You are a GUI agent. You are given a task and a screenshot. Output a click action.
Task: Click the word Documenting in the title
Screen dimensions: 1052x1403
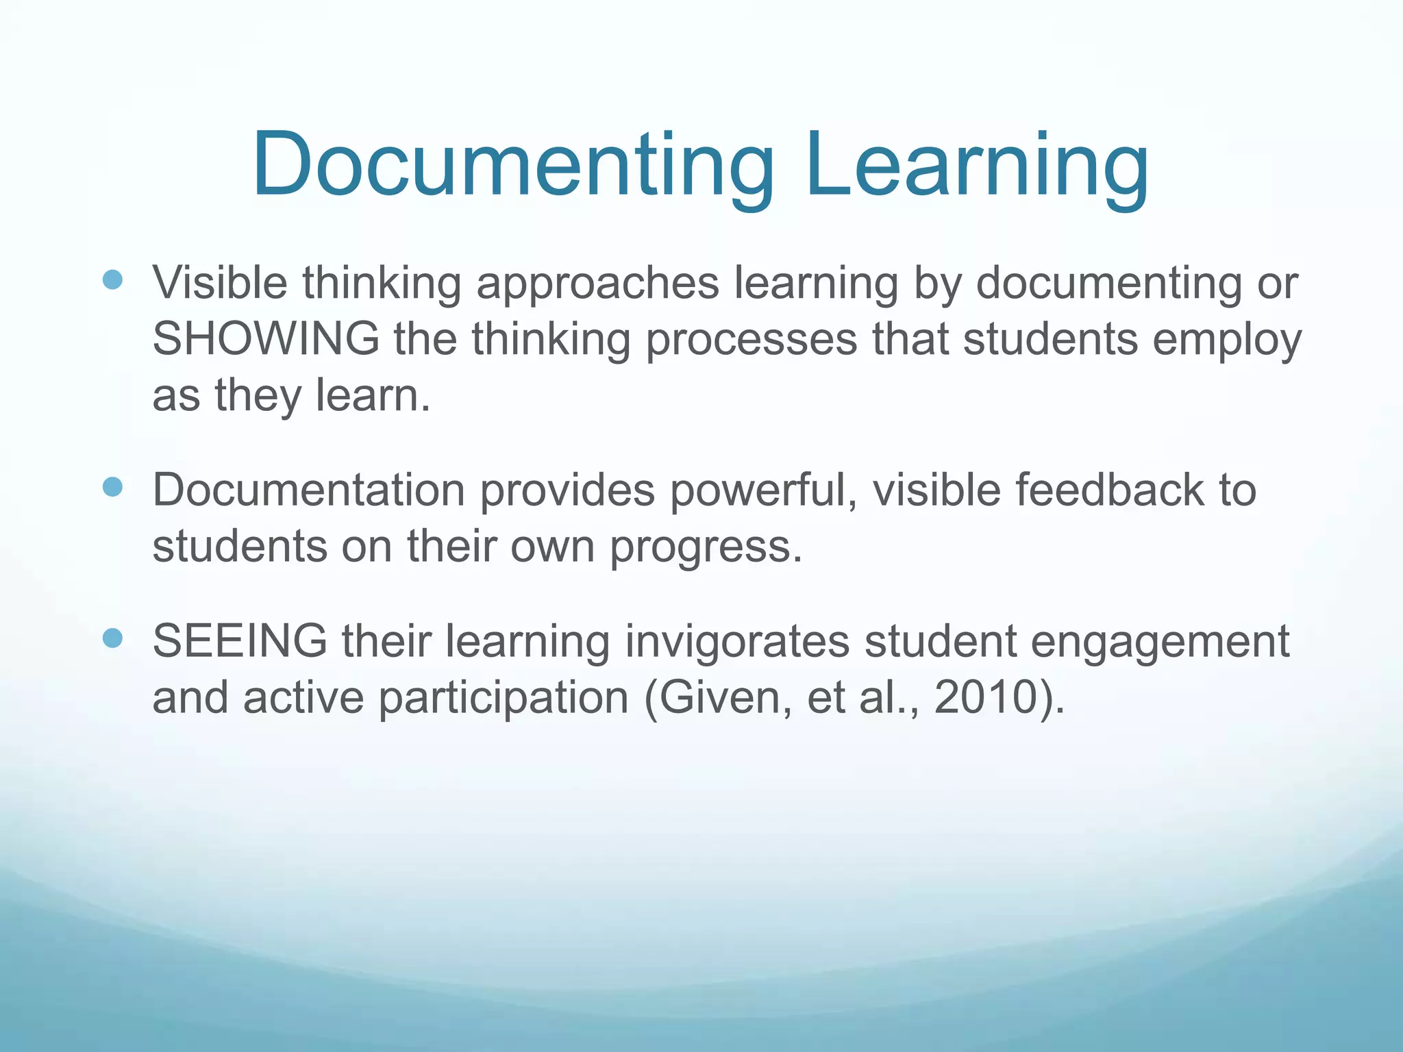513,165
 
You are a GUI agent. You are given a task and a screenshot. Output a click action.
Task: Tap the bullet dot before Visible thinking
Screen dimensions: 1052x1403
112,280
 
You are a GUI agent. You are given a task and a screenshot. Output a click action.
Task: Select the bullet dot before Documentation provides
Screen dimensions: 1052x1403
112,488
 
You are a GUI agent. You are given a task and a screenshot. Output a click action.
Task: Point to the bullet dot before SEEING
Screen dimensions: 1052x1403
112,638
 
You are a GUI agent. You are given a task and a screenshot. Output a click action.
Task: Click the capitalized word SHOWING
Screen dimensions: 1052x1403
266,338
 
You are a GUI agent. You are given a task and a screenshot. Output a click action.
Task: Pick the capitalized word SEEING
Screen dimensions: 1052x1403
240,641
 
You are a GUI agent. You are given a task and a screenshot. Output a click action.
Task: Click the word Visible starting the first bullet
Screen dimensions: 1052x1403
220,282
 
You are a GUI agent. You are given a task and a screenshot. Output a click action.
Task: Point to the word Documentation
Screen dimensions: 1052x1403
309,490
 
